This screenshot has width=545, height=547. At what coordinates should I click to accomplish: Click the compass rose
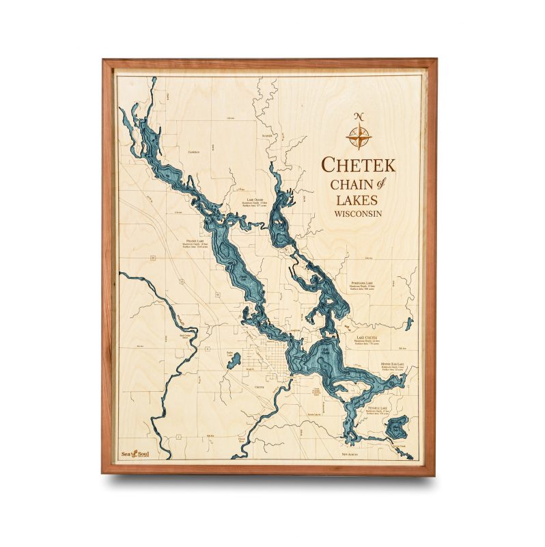(359, 136)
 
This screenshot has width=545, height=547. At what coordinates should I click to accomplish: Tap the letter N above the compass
(359, 116)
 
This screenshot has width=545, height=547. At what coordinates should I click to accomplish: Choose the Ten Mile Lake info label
(378, 410)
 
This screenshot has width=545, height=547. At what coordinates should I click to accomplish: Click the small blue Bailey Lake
(234, 360)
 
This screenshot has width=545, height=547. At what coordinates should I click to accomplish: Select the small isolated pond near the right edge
(408, 323)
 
